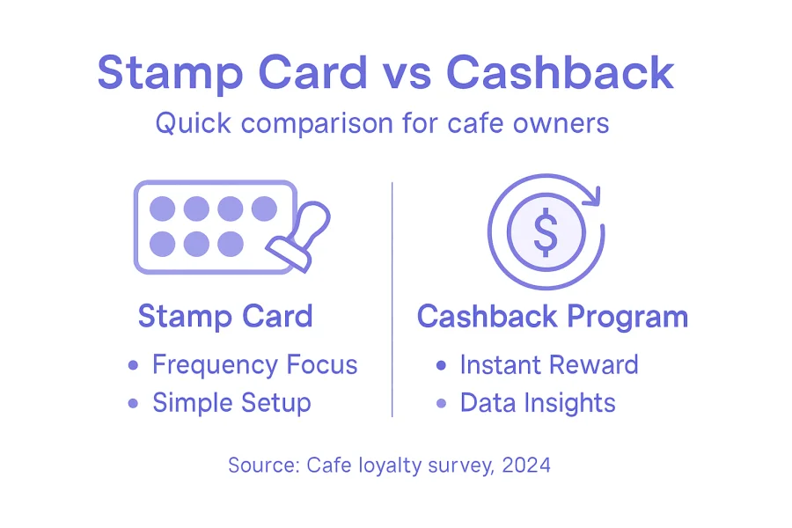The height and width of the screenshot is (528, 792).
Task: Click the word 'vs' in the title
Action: (406, 72)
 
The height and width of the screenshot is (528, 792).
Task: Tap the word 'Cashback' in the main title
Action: (560, 72)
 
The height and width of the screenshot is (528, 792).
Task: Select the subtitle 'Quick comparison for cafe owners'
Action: (382, 122)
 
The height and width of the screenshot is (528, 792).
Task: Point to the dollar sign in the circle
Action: (546, 231)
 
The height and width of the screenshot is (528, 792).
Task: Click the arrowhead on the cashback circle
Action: (587, 191)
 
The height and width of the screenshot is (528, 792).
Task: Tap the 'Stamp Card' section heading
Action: (225, 316)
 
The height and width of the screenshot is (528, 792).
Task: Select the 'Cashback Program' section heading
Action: (553, 316)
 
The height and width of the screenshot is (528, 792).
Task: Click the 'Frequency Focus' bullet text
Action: (254, 364)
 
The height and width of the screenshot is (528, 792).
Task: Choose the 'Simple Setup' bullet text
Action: (231, 403)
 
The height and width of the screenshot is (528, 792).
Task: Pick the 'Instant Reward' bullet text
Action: (549, 364)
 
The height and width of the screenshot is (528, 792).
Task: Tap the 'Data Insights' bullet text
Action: (537, 403)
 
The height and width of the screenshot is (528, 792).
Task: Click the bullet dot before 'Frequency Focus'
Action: (134, 365)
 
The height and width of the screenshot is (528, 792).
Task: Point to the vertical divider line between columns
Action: (392, 299)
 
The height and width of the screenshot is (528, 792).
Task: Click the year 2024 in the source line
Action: (526, 465)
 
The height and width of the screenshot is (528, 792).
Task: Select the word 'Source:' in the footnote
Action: (263, 465)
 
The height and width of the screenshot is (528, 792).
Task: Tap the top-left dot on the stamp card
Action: (162, 209)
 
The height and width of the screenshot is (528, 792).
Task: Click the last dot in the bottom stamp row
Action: (230, 243)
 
